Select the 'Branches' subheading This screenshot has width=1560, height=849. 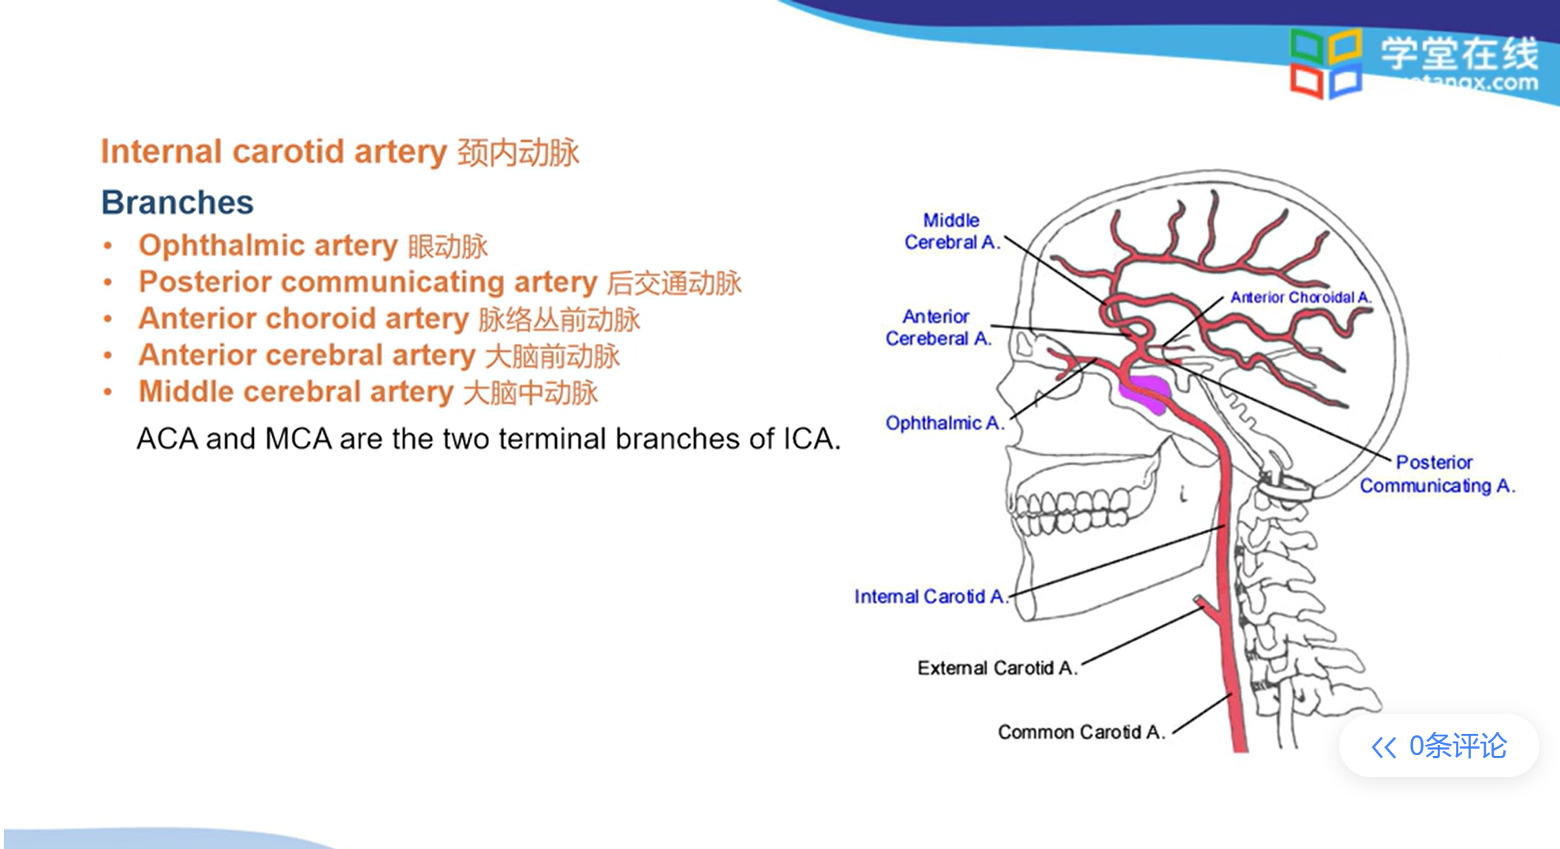pos(177,203)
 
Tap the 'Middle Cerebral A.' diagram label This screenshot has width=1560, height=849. pos(951,231)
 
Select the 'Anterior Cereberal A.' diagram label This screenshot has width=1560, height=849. pos(938,327)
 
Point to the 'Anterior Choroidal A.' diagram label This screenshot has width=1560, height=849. pos(1301,297)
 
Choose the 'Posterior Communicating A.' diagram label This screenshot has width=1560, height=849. pos(1436,474)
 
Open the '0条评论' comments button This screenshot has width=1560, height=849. pos(1439,746)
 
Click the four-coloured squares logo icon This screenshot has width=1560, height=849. pos(1325,63)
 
